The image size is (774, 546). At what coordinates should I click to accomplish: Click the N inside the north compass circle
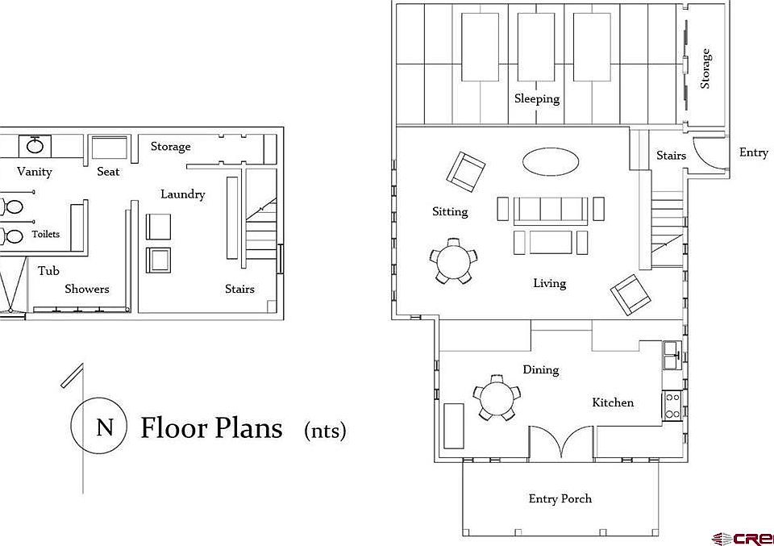tap(105, 427)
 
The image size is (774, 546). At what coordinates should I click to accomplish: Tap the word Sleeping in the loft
tap(537, 98)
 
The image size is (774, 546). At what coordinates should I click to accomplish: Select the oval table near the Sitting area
tap(551, 162)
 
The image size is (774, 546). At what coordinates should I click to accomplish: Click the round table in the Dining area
tap(497, 398)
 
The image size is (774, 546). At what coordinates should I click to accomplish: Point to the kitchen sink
tap(672, 356)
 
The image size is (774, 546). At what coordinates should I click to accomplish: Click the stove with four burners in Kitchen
tap(672, 405)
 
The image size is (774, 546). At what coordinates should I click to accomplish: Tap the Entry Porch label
tap(560, 498)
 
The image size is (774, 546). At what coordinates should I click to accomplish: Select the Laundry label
tap(183, 194)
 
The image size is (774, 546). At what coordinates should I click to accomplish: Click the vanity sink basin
tap(35, 146)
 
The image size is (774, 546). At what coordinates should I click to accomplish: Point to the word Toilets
tap(46, 234)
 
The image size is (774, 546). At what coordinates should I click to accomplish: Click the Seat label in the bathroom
tap(108, 171)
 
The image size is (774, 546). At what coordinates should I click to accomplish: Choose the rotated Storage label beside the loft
tap(705, 69)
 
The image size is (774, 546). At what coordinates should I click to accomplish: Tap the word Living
tap(549, 283)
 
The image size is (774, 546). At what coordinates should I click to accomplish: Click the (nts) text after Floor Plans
tap(325, 431)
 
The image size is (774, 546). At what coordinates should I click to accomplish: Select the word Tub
tap(48, 270)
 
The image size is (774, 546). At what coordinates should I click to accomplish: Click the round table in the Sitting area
tap(453, 261)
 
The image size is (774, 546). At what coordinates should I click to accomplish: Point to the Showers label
tap(87, 289)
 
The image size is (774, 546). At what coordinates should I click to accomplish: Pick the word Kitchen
tap(613, 402)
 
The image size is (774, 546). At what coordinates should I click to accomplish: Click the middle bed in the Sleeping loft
tap(535, 47)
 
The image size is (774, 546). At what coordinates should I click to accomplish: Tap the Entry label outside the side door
tap(753, 152)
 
